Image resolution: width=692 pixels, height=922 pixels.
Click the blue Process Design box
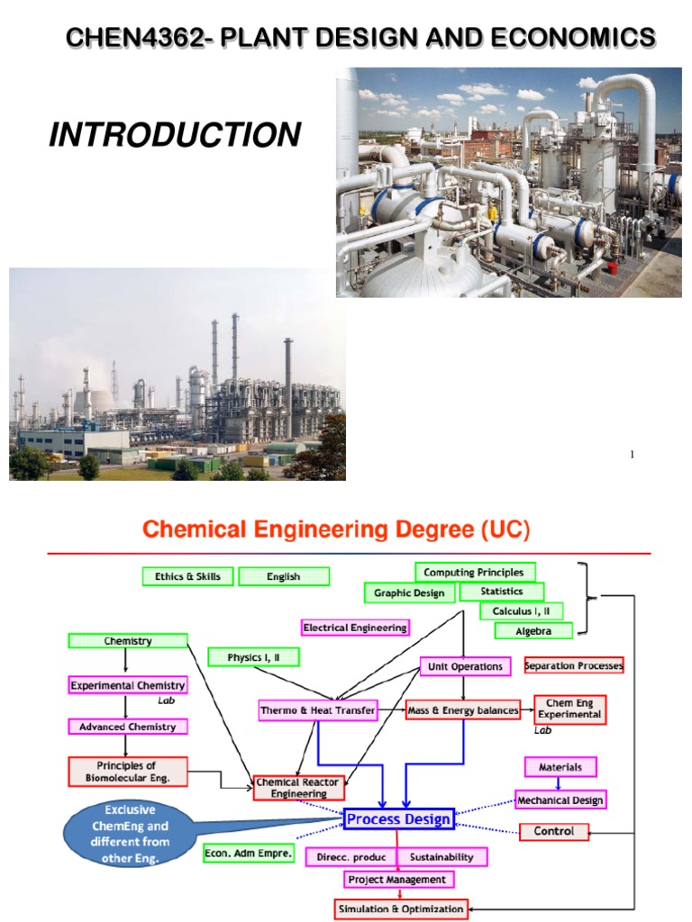397,818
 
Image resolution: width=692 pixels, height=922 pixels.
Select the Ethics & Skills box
187,576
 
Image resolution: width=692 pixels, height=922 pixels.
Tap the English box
284,576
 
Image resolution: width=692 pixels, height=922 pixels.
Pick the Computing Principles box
475,572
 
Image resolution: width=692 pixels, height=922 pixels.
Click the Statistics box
502,592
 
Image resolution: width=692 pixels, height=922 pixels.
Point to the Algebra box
533,631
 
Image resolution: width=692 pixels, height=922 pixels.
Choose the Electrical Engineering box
355,627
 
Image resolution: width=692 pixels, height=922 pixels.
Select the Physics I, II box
253,657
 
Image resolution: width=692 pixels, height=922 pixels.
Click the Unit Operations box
465,666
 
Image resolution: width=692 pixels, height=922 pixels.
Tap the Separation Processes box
574,666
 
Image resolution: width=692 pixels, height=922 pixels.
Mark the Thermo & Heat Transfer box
317,710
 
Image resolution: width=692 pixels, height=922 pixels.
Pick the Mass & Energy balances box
463,710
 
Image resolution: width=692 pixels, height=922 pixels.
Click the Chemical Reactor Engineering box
299,788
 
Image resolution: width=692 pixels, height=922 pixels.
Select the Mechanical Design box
560,800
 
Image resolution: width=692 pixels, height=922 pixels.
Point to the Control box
554,831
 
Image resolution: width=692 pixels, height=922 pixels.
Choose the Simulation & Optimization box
402,908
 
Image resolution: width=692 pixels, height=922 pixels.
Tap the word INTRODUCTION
175,135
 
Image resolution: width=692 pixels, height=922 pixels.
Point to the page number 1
633,454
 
